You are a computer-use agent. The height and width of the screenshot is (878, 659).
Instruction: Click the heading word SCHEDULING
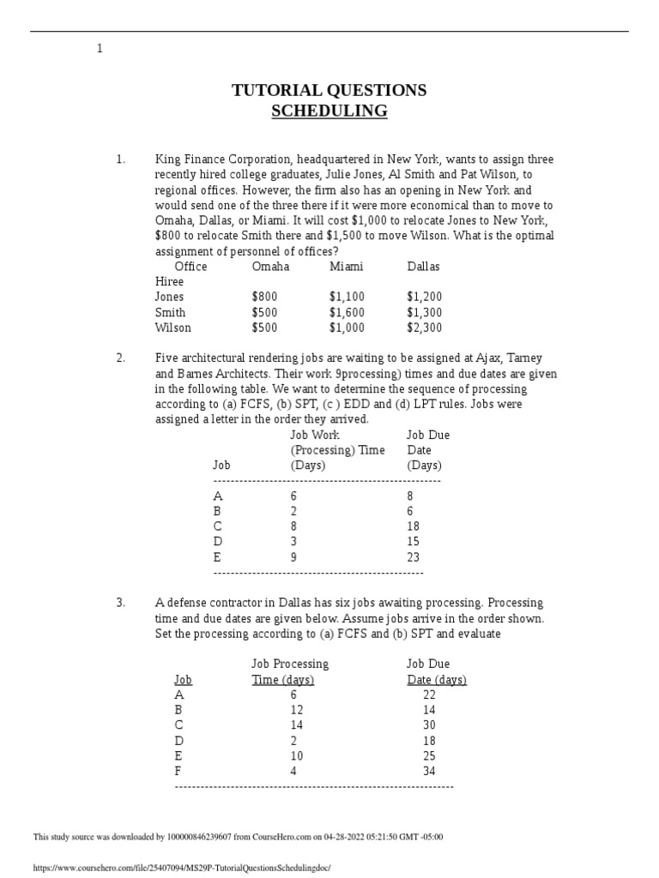click(x=329, y=111)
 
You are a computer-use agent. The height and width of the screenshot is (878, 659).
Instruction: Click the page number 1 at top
click(x=100, y=49)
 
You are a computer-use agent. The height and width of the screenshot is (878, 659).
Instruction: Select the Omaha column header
click(x=270, y=267)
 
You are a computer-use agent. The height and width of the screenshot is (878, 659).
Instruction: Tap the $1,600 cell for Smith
click(x=347, y=313)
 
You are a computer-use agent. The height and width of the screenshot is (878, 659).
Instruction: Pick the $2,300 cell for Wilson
click(x=425, y=328)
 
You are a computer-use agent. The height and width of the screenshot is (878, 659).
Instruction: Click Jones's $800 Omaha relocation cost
click(x=265, y=298)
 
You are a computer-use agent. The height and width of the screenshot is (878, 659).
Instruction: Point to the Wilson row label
click(x=173, y=328)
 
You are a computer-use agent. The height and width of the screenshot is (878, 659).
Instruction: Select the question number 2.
click(x=120, y=358)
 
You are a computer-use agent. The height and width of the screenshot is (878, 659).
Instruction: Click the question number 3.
click(x=120, y=604)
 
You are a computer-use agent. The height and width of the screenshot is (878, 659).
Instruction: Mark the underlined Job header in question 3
click(x=183, y=680)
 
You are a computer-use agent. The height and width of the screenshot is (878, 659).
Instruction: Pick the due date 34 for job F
click(x=430, y=772)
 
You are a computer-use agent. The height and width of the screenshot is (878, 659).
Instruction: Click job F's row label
click(x=178, y=772)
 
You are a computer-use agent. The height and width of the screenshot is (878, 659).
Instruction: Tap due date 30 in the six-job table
click(x=430, y=726)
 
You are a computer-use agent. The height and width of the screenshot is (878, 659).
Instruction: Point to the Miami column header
click(x=347, y=267)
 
